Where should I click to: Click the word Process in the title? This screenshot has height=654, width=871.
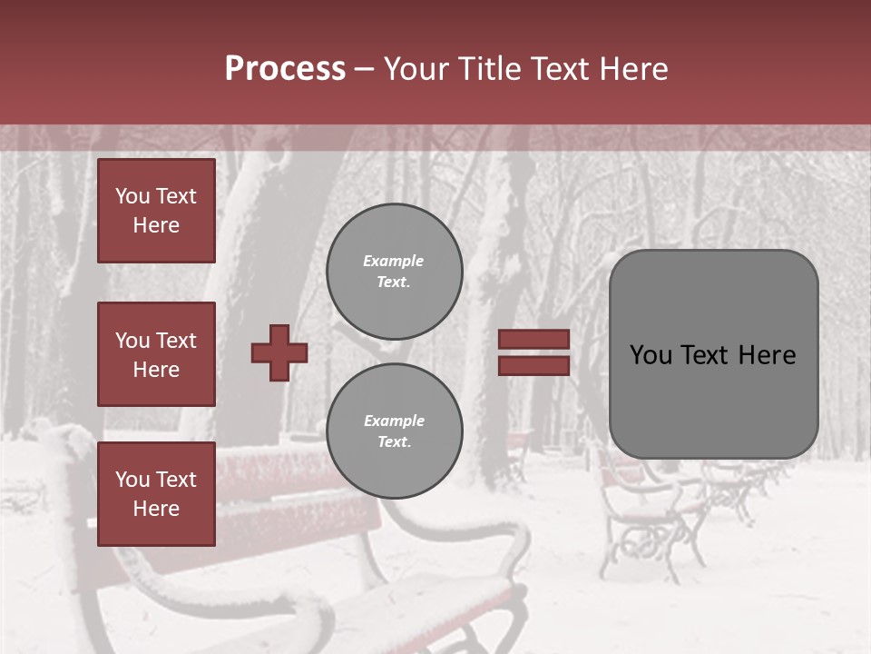(285, 69)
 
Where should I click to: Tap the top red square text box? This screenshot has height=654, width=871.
(156, 211)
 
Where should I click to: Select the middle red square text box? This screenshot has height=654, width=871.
(156, 354)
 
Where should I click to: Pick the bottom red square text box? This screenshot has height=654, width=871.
(156, 494)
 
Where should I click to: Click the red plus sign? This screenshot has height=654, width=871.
(279, 352)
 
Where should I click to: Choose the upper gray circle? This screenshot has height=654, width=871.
(394, 272)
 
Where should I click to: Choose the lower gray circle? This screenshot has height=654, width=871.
(394, 431)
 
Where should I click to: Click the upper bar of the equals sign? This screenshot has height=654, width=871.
(533, 340)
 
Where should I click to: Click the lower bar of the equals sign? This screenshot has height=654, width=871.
(533, 365)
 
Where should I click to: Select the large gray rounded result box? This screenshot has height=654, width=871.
(713, 354)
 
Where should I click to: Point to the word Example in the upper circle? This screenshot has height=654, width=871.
(394, 262)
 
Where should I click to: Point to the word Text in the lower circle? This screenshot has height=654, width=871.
(392, 442)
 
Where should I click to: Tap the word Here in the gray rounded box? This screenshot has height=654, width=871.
(767, 355)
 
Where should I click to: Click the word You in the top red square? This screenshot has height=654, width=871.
(132, 196)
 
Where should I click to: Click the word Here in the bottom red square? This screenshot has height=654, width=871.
(156, 509)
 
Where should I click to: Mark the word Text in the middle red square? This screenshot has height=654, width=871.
(175, 341)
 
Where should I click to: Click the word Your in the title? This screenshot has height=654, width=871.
(415, 69)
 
